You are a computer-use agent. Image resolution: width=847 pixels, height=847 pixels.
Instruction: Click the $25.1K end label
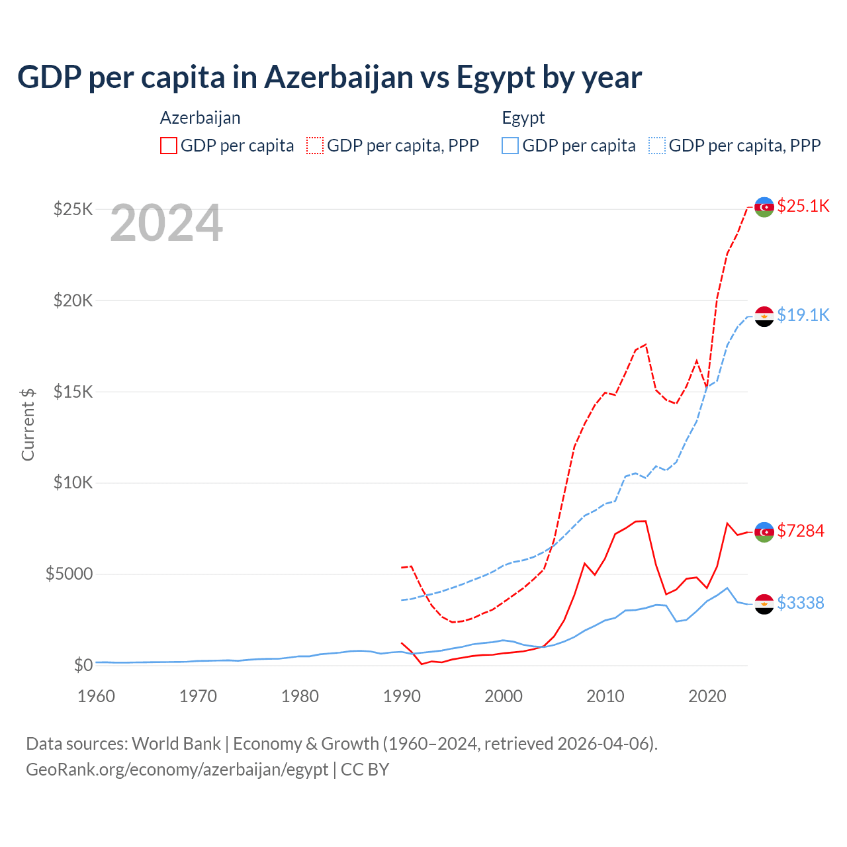tap(803, 206)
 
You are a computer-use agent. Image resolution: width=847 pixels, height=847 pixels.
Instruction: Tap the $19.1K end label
tap(803, 315)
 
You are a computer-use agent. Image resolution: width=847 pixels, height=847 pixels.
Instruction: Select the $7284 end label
tap(801, 531)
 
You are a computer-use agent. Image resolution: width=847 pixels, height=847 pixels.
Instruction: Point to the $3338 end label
tap(801, 603)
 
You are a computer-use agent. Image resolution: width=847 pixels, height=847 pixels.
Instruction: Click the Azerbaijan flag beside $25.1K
tap(764, 207)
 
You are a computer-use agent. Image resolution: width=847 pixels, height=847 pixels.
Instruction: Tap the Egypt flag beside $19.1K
tap(764, 317)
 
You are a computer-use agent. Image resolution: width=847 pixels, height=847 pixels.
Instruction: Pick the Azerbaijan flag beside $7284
tap(764, 532)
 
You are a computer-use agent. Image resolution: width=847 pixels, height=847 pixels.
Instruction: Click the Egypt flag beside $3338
tap(764, 604)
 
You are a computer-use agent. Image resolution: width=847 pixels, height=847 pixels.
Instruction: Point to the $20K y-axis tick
tap(73, 300)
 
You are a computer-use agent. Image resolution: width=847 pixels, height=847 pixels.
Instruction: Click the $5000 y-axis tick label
tap(69, 574)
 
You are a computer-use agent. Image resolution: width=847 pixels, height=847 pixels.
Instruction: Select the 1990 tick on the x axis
tap(402, 696)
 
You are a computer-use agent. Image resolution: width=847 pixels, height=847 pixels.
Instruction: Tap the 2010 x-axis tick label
tap(605, 696)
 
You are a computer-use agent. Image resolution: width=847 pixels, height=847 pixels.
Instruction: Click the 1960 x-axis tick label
tap(96, 696)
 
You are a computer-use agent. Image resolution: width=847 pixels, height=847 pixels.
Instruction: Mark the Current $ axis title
tap(28, 424)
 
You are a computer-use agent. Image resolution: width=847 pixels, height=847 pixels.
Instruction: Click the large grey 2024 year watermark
tap(166, 224)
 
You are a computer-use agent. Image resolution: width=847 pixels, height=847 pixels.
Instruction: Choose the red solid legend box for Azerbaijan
tap(169, 146)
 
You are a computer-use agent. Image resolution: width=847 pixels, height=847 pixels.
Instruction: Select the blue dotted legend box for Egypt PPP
tap(657, 146)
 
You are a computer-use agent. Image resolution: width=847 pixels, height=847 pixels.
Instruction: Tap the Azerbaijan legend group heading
tap(200, 118)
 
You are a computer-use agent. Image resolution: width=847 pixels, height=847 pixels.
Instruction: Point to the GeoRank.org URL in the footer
tap(177, 770)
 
